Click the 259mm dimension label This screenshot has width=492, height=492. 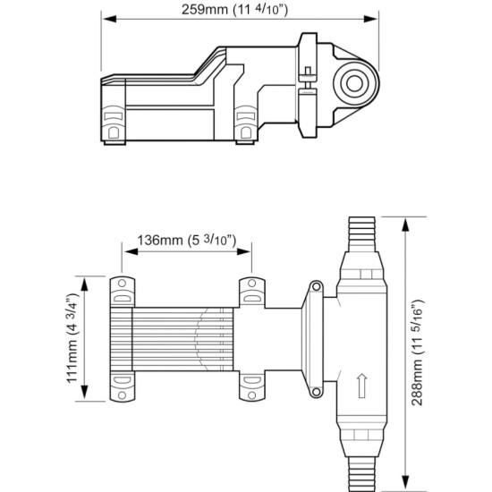[234, 10]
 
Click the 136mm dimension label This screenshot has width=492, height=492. [187, 241]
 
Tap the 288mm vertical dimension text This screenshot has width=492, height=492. [418, 352]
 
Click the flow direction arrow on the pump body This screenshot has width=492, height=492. [362, 386]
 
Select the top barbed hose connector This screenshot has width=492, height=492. [361, 234]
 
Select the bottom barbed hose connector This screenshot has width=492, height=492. [361, 474]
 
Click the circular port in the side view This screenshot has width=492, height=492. [355, 84]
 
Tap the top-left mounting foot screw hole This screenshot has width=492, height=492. [122, 284]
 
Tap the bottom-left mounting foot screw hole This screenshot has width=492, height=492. [122, 394]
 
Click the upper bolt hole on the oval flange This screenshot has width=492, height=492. [317, 286]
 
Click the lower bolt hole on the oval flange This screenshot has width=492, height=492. [317, 391]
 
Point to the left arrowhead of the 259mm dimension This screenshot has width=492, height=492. [109, 19]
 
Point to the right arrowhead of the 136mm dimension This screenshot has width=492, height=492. [244, 251]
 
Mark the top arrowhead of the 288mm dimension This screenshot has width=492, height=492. [406, 225]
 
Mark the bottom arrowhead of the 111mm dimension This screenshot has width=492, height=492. [84, 392]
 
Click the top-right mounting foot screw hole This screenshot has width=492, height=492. [251, 284]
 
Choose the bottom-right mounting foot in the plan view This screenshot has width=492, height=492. [252, 386]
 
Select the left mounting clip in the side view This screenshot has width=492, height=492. [114, 123]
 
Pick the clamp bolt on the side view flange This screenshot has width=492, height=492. [308, 79]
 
